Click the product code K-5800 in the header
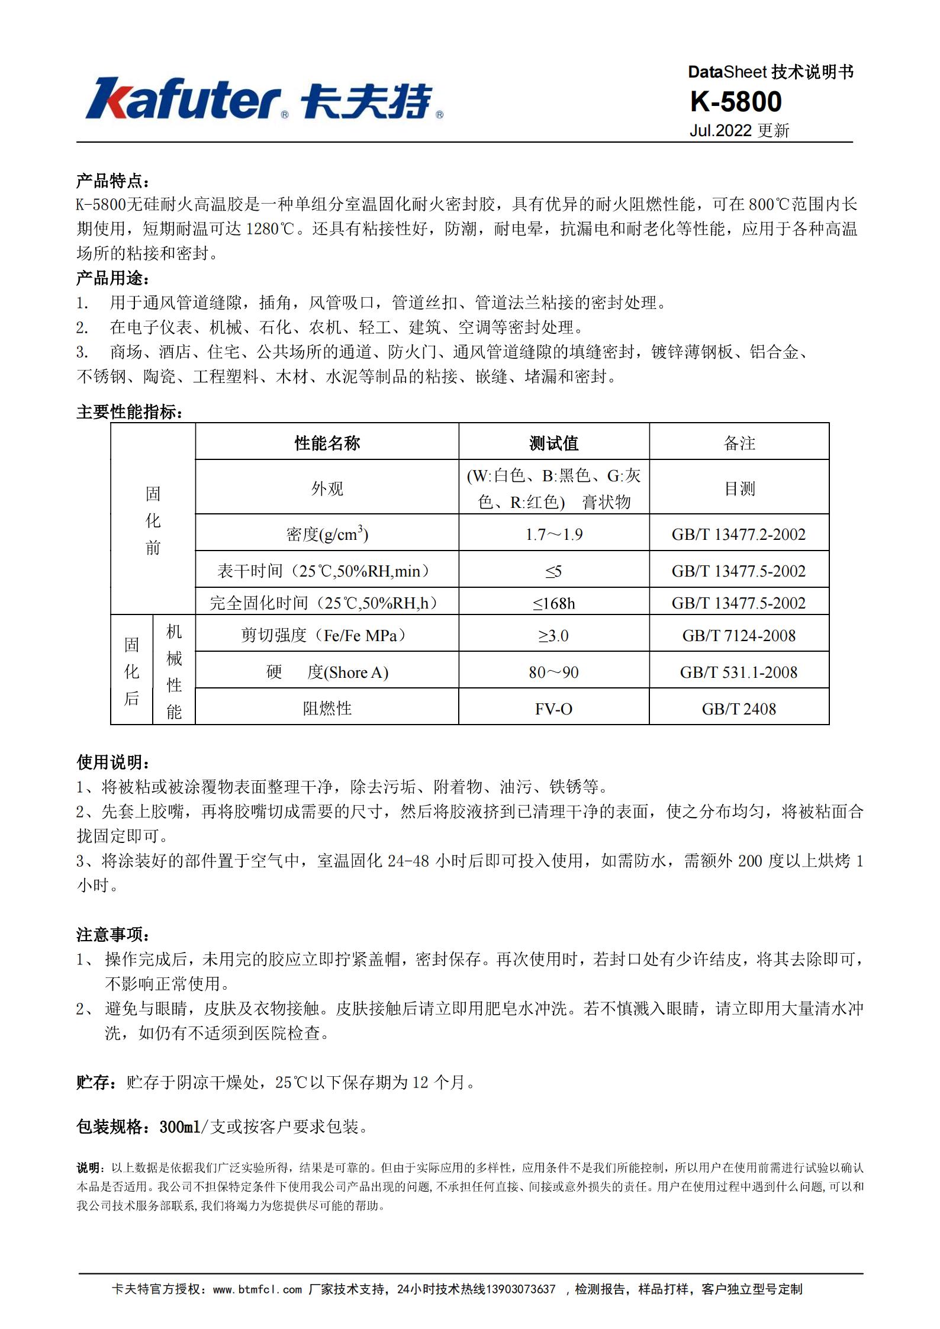click(736, 102)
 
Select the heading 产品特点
click(113, 181)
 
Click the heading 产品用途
click(113, 278)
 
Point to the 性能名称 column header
click(327, 443)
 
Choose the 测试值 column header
click(553, 443)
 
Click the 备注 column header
click(739, 443)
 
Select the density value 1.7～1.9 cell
click(553, 535)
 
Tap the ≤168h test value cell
click(553, 603)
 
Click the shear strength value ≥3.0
click(553, 636)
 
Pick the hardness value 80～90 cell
click(553, 672)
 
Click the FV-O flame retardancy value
click(553, 709)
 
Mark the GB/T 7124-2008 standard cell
click(739, 636)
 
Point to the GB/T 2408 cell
click(739, 709)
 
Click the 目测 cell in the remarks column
click(739, 488)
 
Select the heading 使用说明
click(113, 762)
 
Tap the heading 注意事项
click(113, 934)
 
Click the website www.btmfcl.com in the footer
click(257, 1289)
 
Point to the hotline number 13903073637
click(520, 1289)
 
